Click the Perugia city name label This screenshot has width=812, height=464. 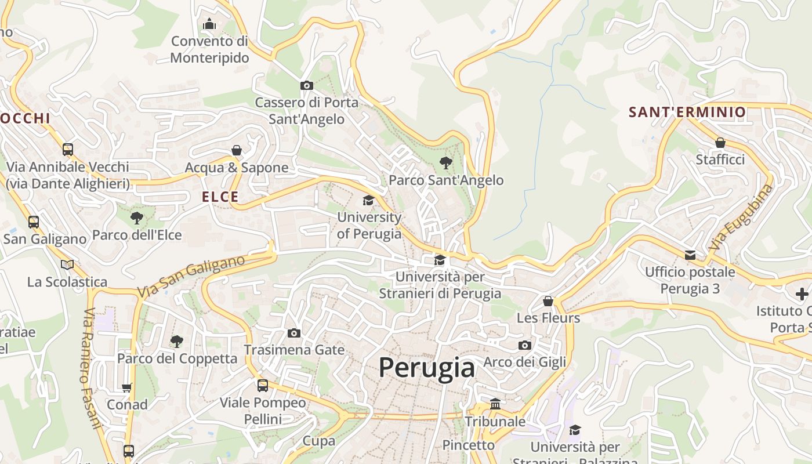pos(427,368)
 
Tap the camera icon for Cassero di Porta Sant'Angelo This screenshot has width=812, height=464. pos(307,86)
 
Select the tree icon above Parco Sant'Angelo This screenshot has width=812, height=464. pos(445,163)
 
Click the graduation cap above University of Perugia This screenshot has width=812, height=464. pos(368,201)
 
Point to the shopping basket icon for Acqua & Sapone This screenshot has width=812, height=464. pos(237,151)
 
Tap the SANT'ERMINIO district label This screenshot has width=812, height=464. pos(687,113)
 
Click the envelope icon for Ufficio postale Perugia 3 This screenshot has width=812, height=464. pos(690,255)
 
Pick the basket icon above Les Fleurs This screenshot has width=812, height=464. pos(548,301)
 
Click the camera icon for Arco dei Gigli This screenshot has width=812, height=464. pos(525,346)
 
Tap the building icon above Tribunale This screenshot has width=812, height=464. pos(495,404)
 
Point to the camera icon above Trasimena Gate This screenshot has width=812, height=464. pos(294,333)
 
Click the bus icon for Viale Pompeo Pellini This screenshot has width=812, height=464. pos(263,385)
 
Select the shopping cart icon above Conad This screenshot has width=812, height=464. pos(127,387)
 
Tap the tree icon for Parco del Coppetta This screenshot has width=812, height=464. pos(177,341)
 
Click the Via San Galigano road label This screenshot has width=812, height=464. pos(191,276)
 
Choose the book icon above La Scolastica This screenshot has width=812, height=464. pos(67,265)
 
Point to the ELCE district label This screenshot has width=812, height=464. pos(220,197)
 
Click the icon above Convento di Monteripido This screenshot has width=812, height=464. pos(209,24)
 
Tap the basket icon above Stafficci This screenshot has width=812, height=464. pos(720,143)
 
